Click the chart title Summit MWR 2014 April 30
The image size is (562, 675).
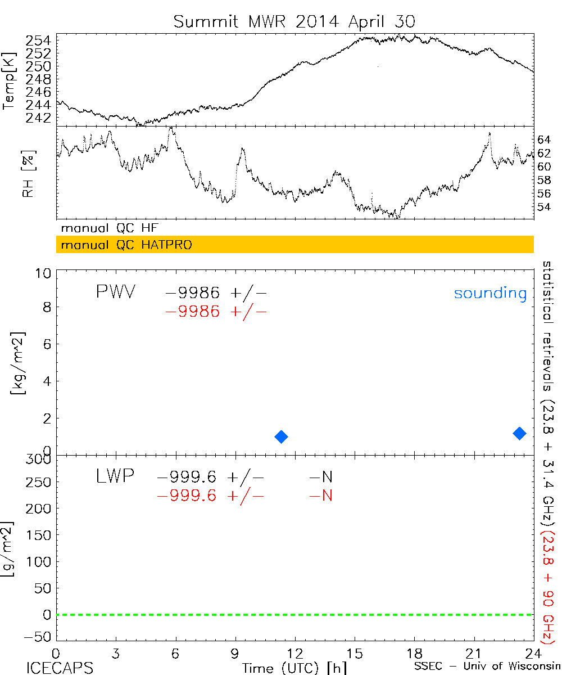click(294, 22)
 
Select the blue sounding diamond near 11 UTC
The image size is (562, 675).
click(281, 436)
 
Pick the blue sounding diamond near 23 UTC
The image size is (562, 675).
click(519, 433)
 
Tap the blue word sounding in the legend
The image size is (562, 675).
click(491, 294)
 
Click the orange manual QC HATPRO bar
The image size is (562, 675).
click(294, 245)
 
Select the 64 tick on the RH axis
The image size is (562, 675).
click(544, 139)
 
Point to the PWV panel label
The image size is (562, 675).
click(116, 292)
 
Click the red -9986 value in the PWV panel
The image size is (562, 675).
click(193, 312)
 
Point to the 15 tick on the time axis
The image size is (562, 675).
click(355, 652)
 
